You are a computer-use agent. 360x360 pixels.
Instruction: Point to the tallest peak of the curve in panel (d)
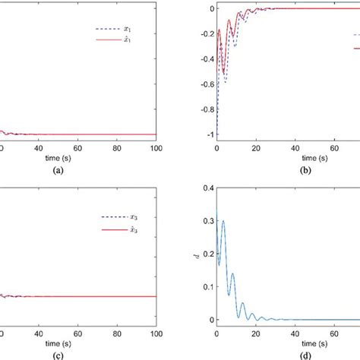pos(223,221)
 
